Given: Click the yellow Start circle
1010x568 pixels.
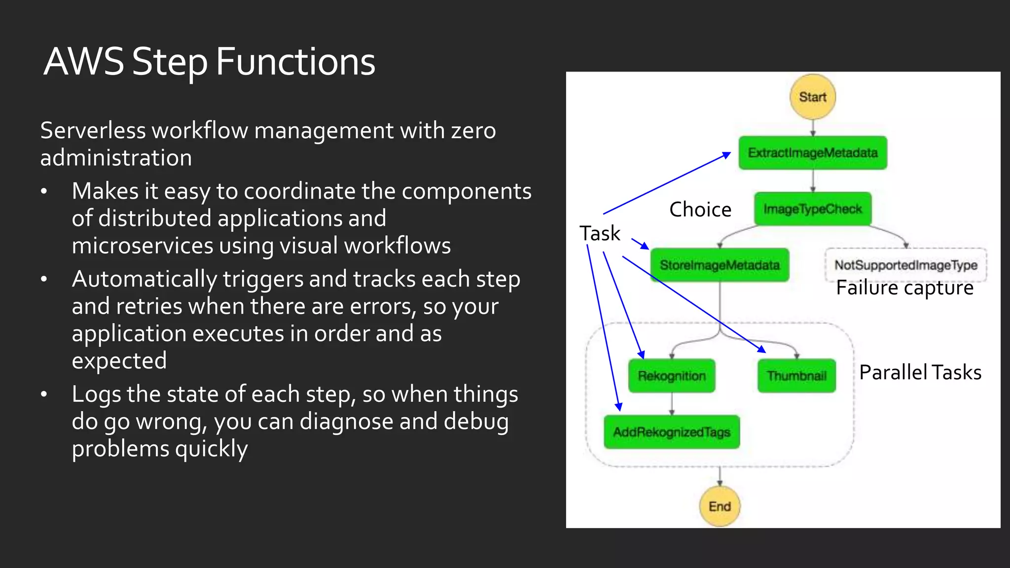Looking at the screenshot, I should tap(812, 97).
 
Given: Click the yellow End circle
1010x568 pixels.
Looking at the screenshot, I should tap(720, 506).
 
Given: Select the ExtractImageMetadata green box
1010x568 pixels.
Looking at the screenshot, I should tap(812, 153).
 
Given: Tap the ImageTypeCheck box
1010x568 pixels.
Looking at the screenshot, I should tap(812, 209).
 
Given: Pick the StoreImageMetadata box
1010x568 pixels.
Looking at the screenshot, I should tap(720, 265).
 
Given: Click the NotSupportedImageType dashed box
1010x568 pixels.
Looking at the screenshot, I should tap(905, 265).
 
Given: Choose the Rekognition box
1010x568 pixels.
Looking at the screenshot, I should tap(671, 376).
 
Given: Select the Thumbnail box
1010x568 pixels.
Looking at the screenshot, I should tap(796, 376).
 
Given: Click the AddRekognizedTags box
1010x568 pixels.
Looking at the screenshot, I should tap(671, 432).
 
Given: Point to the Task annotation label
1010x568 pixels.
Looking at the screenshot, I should tap(600, 233).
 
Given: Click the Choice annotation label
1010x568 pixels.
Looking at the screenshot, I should tap(700, 210).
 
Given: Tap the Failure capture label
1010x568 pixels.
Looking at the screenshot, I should tap(904, 287).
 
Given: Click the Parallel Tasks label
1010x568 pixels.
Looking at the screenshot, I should tap(920, 372).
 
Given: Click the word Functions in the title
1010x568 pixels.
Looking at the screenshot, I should tap(295, 62).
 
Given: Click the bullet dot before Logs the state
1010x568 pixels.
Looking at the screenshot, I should tap(44, 394).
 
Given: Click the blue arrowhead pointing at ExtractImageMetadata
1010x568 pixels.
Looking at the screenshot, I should tap(727, 155).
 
